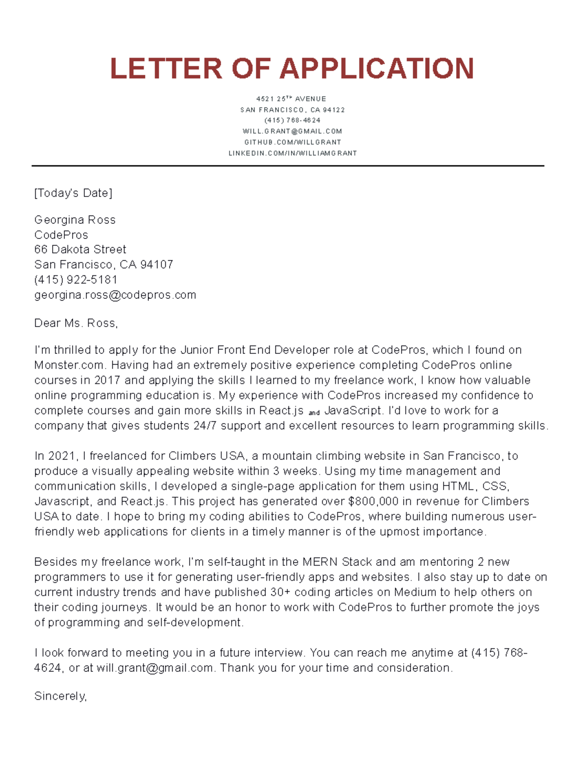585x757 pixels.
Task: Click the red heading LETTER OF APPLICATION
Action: coord(292,68)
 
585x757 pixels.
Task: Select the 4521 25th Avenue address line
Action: coord(291,99)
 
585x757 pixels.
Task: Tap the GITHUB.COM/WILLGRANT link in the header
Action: coord(292,142)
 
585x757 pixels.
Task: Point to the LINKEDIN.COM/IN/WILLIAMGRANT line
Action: coord(292,153)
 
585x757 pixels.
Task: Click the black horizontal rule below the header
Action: coord(288,166)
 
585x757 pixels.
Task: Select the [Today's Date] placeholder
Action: coord(73,193)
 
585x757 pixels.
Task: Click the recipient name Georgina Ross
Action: coord(75,220)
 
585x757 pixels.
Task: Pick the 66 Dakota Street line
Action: coord(80,250)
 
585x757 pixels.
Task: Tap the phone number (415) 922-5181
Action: coord(76,280)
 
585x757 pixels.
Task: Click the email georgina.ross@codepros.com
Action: coord(115,295)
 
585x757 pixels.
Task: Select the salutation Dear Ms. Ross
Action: coord(76,323)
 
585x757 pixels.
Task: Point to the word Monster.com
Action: coord(69,365)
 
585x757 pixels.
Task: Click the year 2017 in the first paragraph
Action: coord(107,380)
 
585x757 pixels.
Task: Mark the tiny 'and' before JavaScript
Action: coord(314,412)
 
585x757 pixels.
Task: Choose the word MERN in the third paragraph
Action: coord(320,562)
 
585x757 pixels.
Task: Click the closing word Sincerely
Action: coord(60,696)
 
